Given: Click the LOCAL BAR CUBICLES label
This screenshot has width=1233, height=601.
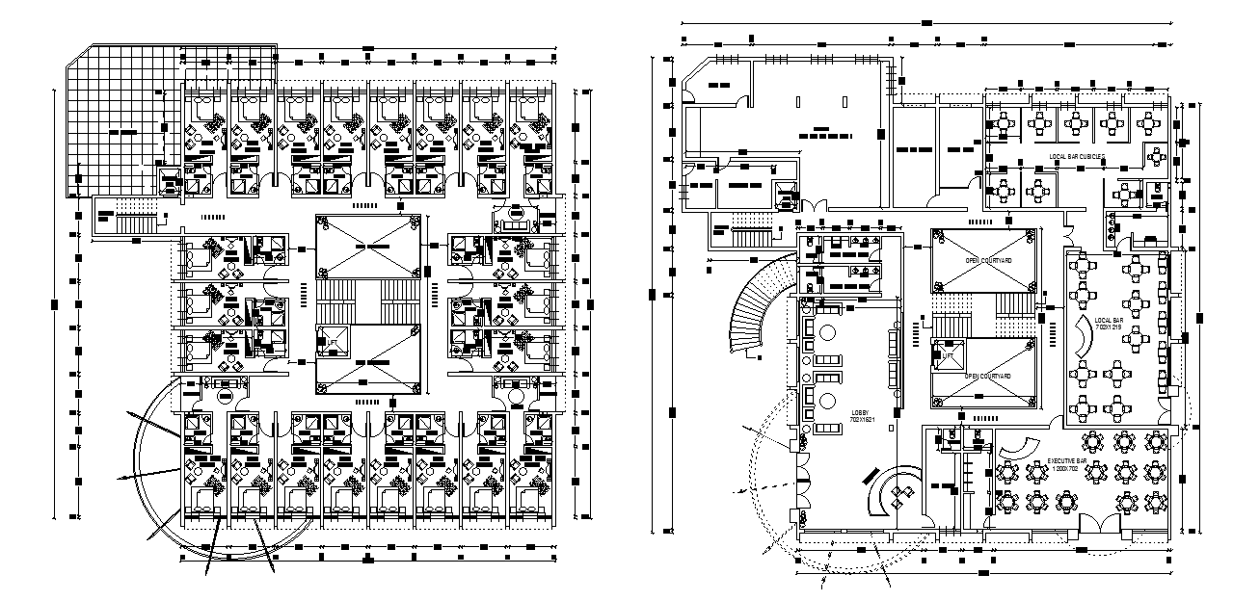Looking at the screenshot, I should coord(1077,156).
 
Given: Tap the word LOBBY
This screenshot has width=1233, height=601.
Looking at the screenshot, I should coord(861,413).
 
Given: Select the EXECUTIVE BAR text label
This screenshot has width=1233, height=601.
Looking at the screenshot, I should coord(1068,463).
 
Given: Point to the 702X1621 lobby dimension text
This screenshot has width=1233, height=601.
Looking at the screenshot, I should coord(861,421).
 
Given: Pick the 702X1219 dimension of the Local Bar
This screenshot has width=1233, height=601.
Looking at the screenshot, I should coord(1108,327).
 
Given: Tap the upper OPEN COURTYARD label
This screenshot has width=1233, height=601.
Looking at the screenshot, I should coord(986,261).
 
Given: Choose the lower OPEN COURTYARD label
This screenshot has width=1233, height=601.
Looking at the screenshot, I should coord(986,376).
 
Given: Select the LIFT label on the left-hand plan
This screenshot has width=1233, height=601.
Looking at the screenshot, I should coord(332,342).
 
